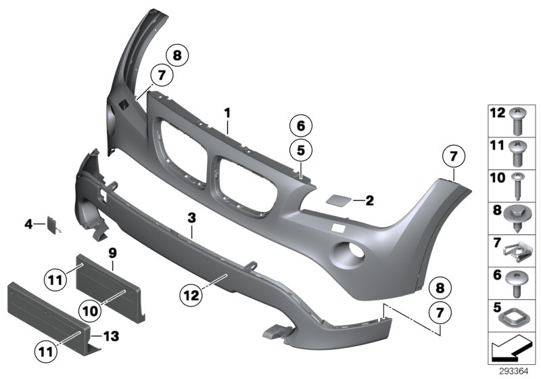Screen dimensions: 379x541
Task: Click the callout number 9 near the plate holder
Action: [113, 252]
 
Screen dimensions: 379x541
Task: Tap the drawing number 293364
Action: [513, 372]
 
